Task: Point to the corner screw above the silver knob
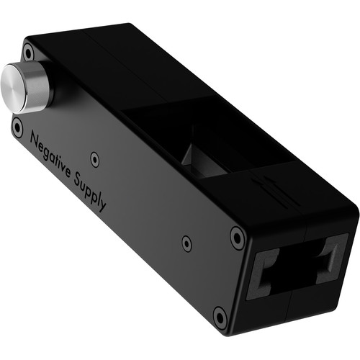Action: tap(28, 51)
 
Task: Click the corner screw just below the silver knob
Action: tap(17, 127)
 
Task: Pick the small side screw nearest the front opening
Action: tap(186, 243)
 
